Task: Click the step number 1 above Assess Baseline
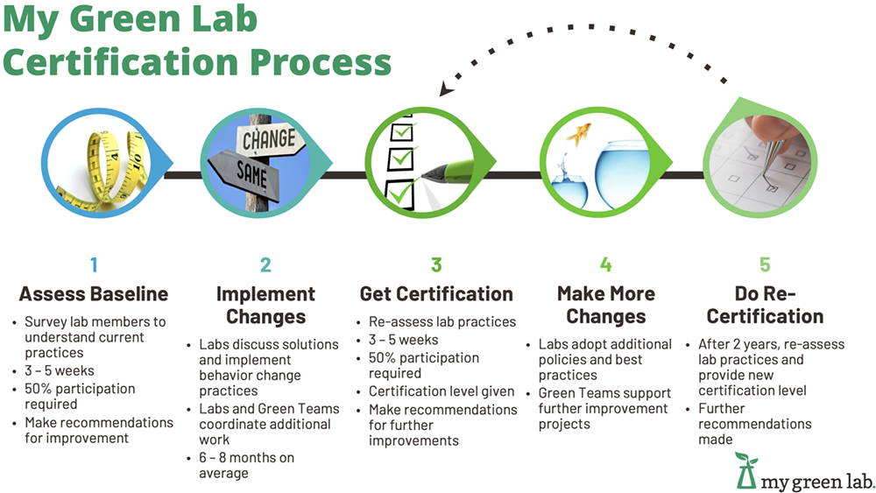93,264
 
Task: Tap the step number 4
606,264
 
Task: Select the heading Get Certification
436,294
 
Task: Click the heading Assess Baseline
93,294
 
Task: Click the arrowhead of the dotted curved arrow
446,89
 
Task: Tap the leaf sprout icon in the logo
746,464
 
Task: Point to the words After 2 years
745,344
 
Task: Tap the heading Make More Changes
606,305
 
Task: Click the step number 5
765,264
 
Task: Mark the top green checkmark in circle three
402,132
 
